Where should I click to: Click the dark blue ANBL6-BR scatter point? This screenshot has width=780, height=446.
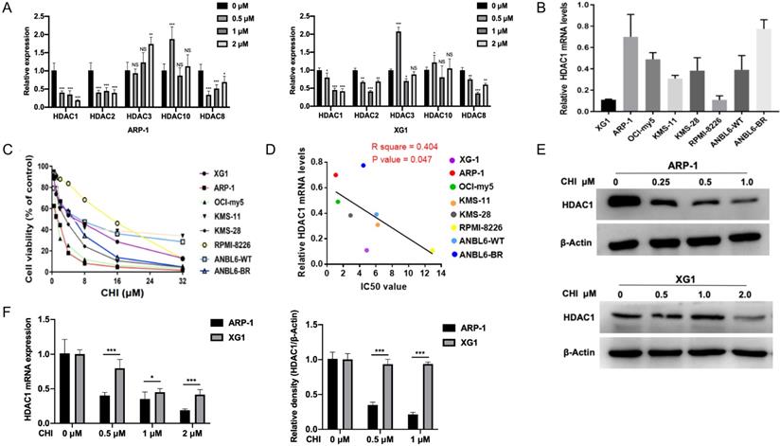pyautogui.click(x=363, y=166)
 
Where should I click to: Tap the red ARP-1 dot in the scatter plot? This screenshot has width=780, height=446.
pyautogui.click(x=335, y=175)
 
